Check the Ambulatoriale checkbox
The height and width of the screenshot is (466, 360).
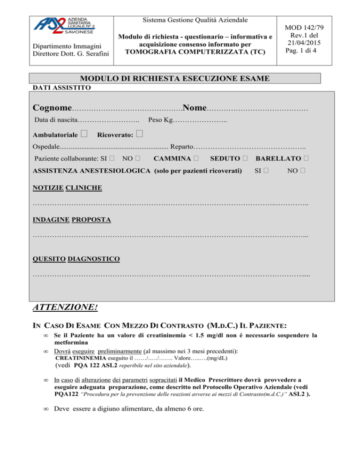pos(84,135)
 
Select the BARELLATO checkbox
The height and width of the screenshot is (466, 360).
pos(306,157)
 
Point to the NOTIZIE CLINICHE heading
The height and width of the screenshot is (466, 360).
pos(67,188)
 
